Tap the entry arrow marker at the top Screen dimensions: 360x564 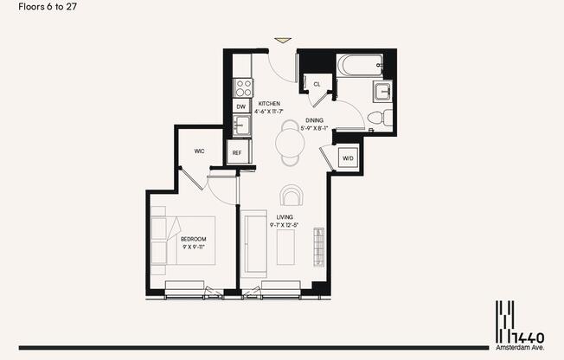coord(282,40)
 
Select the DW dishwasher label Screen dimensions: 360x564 coord(240,107)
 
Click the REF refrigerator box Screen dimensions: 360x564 coord(238,153)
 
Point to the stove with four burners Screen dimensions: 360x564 coord(243,87)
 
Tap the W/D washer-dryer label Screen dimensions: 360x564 coord(348,158)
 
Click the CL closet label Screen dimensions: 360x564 coord(317,84)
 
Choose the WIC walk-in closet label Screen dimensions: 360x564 coord(199,151)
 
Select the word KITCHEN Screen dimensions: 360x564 coord(270,104)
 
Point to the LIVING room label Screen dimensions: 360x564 coord(285,217)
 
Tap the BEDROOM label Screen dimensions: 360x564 coord(193,239)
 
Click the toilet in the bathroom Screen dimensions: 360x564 coord(378,118)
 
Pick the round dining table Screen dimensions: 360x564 coord(289,143)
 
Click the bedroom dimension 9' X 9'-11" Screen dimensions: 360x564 coord(193,247)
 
